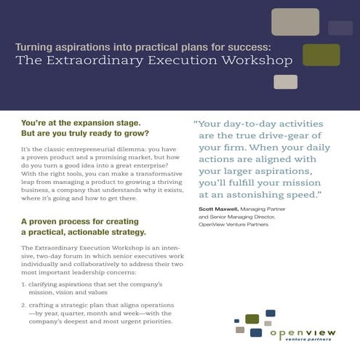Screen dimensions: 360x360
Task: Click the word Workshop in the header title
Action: point(256,60)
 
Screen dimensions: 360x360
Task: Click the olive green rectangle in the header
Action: point(321,55)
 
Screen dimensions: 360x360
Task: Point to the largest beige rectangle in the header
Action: point(295,22)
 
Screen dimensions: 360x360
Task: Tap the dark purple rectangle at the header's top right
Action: point(340,28)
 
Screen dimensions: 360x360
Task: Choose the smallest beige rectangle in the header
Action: point(285,81)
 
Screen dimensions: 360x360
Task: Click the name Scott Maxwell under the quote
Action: point(220,209)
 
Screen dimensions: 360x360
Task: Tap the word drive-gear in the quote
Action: point(283,135)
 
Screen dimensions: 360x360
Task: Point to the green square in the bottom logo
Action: point(252,319)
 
